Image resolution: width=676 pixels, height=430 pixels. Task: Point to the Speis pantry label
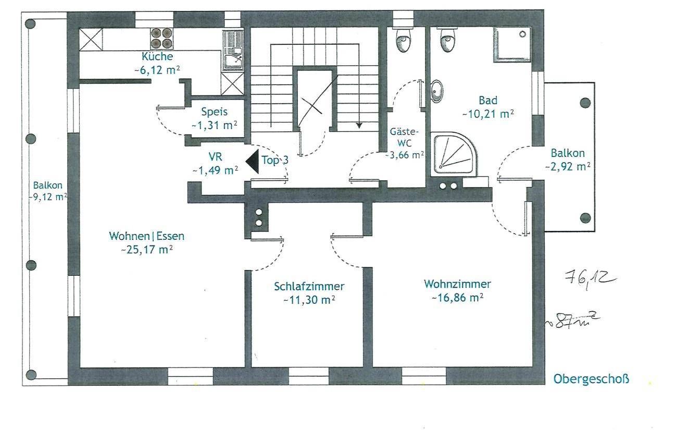(x=215, y=112)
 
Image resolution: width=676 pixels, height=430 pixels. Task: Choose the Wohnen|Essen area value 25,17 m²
(x=147, y=250)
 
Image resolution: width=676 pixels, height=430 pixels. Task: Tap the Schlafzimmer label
(x=309, y=287)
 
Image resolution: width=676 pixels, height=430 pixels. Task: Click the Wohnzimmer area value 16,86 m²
(x=457, y=298)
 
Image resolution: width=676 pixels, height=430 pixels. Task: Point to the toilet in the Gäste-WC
(x=403, y=41)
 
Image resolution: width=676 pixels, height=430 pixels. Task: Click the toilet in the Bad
(x=447, y=40)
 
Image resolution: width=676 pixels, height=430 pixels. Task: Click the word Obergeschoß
(x=591, y=379)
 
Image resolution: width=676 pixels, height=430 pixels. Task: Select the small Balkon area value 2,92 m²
(x=568, y=167)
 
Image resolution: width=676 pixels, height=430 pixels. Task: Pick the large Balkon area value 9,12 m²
(x=48, y=197)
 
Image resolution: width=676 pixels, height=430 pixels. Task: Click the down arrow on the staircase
(x=359, y=124)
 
